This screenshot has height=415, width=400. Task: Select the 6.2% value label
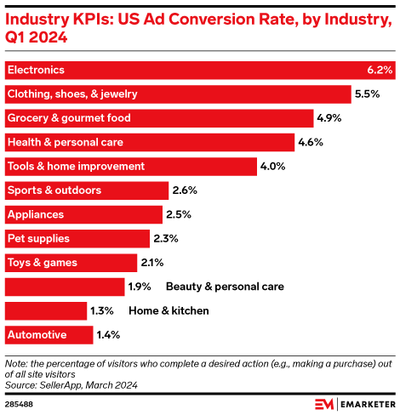coord(379,70)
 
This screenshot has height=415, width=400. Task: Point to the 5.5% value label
coord(368,94)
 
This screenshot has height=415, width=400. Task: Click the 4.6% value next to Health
coord(311,142)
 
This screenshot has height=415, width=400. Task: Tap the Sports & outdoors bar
coord(86,190)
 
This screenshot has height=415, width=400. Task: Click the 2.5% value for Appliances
coord(180,214)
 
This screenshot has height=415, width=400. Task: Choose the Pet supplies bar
coord(77,238)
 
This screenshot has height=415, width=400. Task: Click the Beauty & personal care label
coord(225,287)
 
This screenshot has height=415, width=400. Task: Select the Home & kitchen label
coord(169,310)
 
